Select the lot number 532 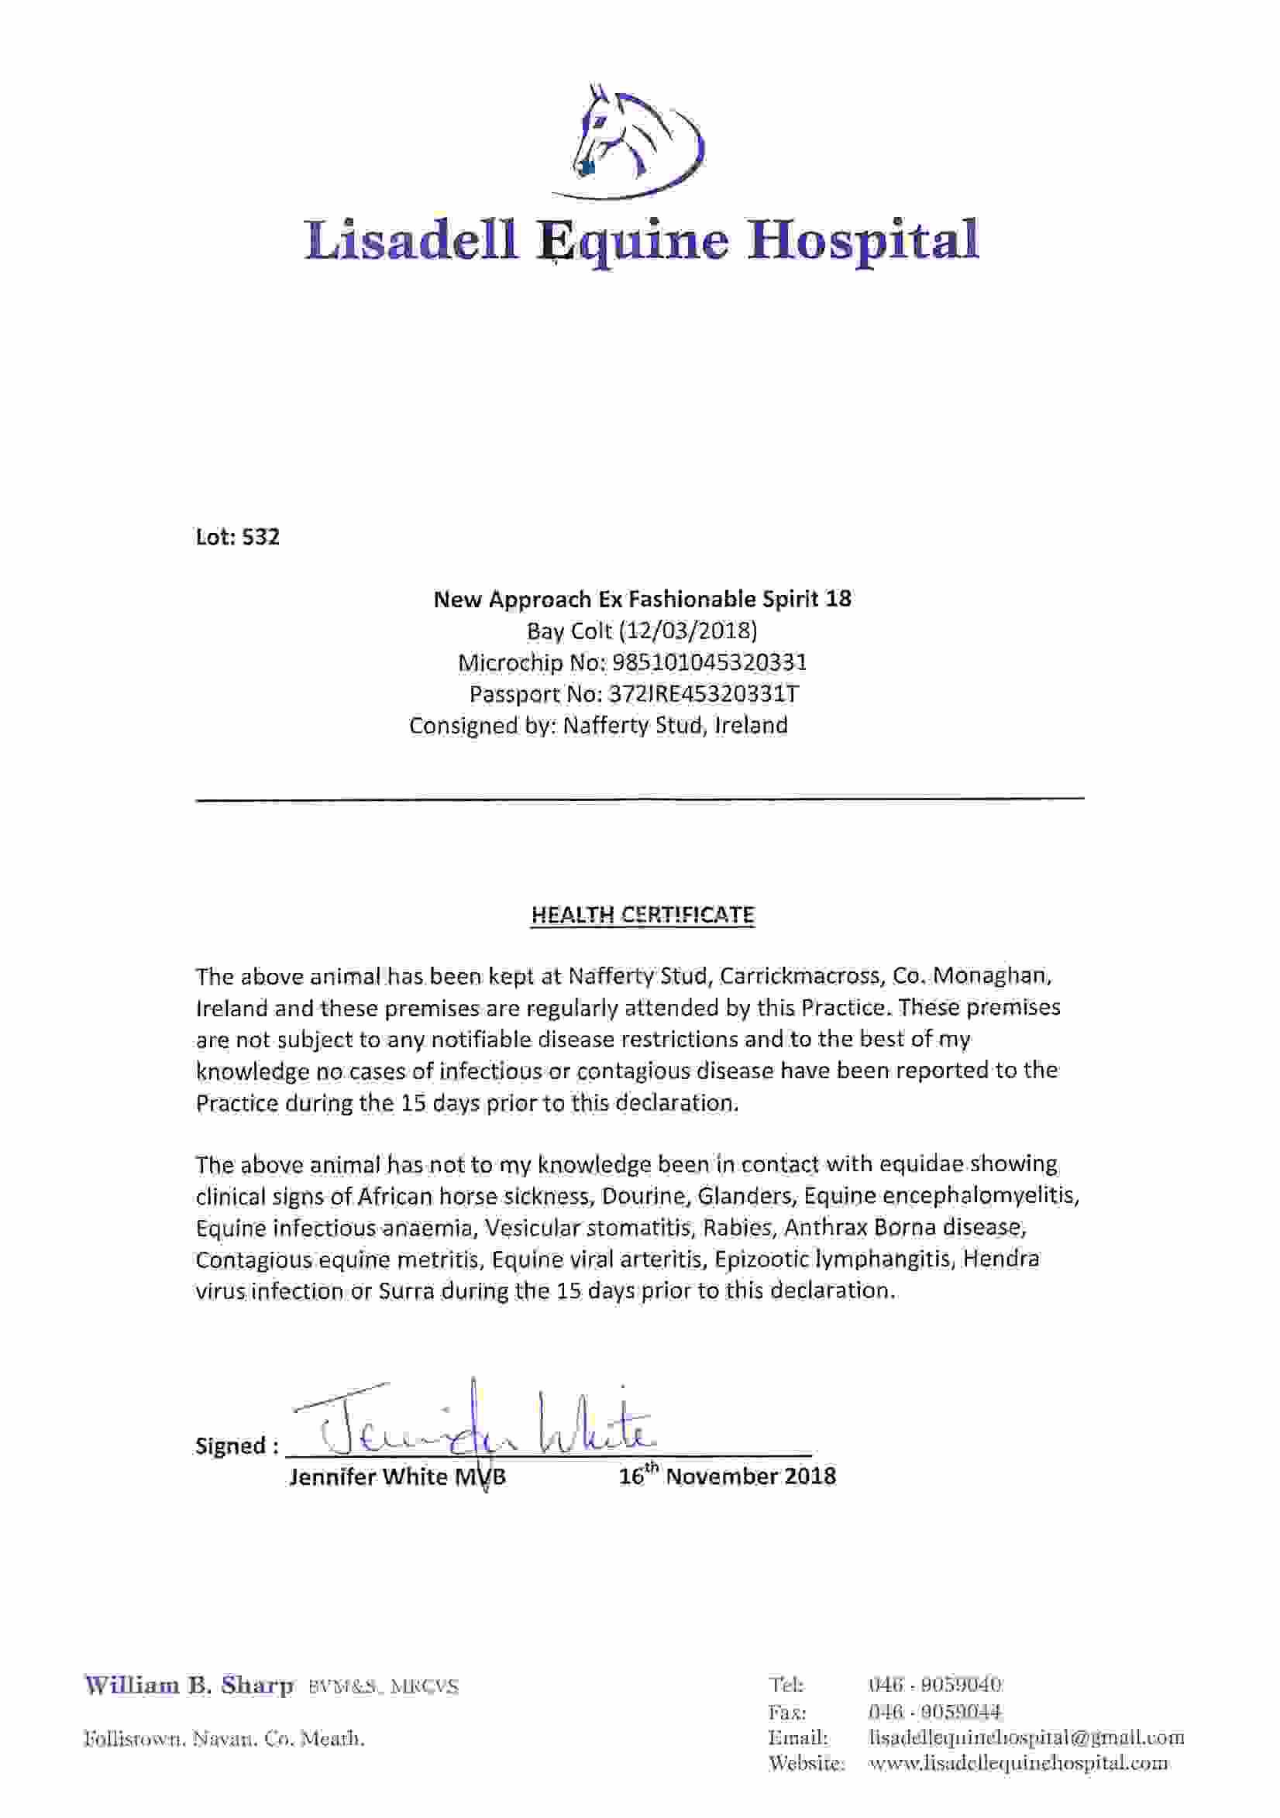260,538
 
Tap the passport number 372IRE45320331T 703,694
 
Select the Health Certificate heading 642,916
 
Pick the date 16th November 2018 726,1476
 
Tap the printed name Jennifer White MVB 397,1476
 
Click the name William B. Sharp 189,1686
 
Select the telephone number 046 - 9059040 934,1684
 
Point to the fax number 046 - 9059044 934,1712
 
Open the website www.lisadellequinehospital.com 1018,1763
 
